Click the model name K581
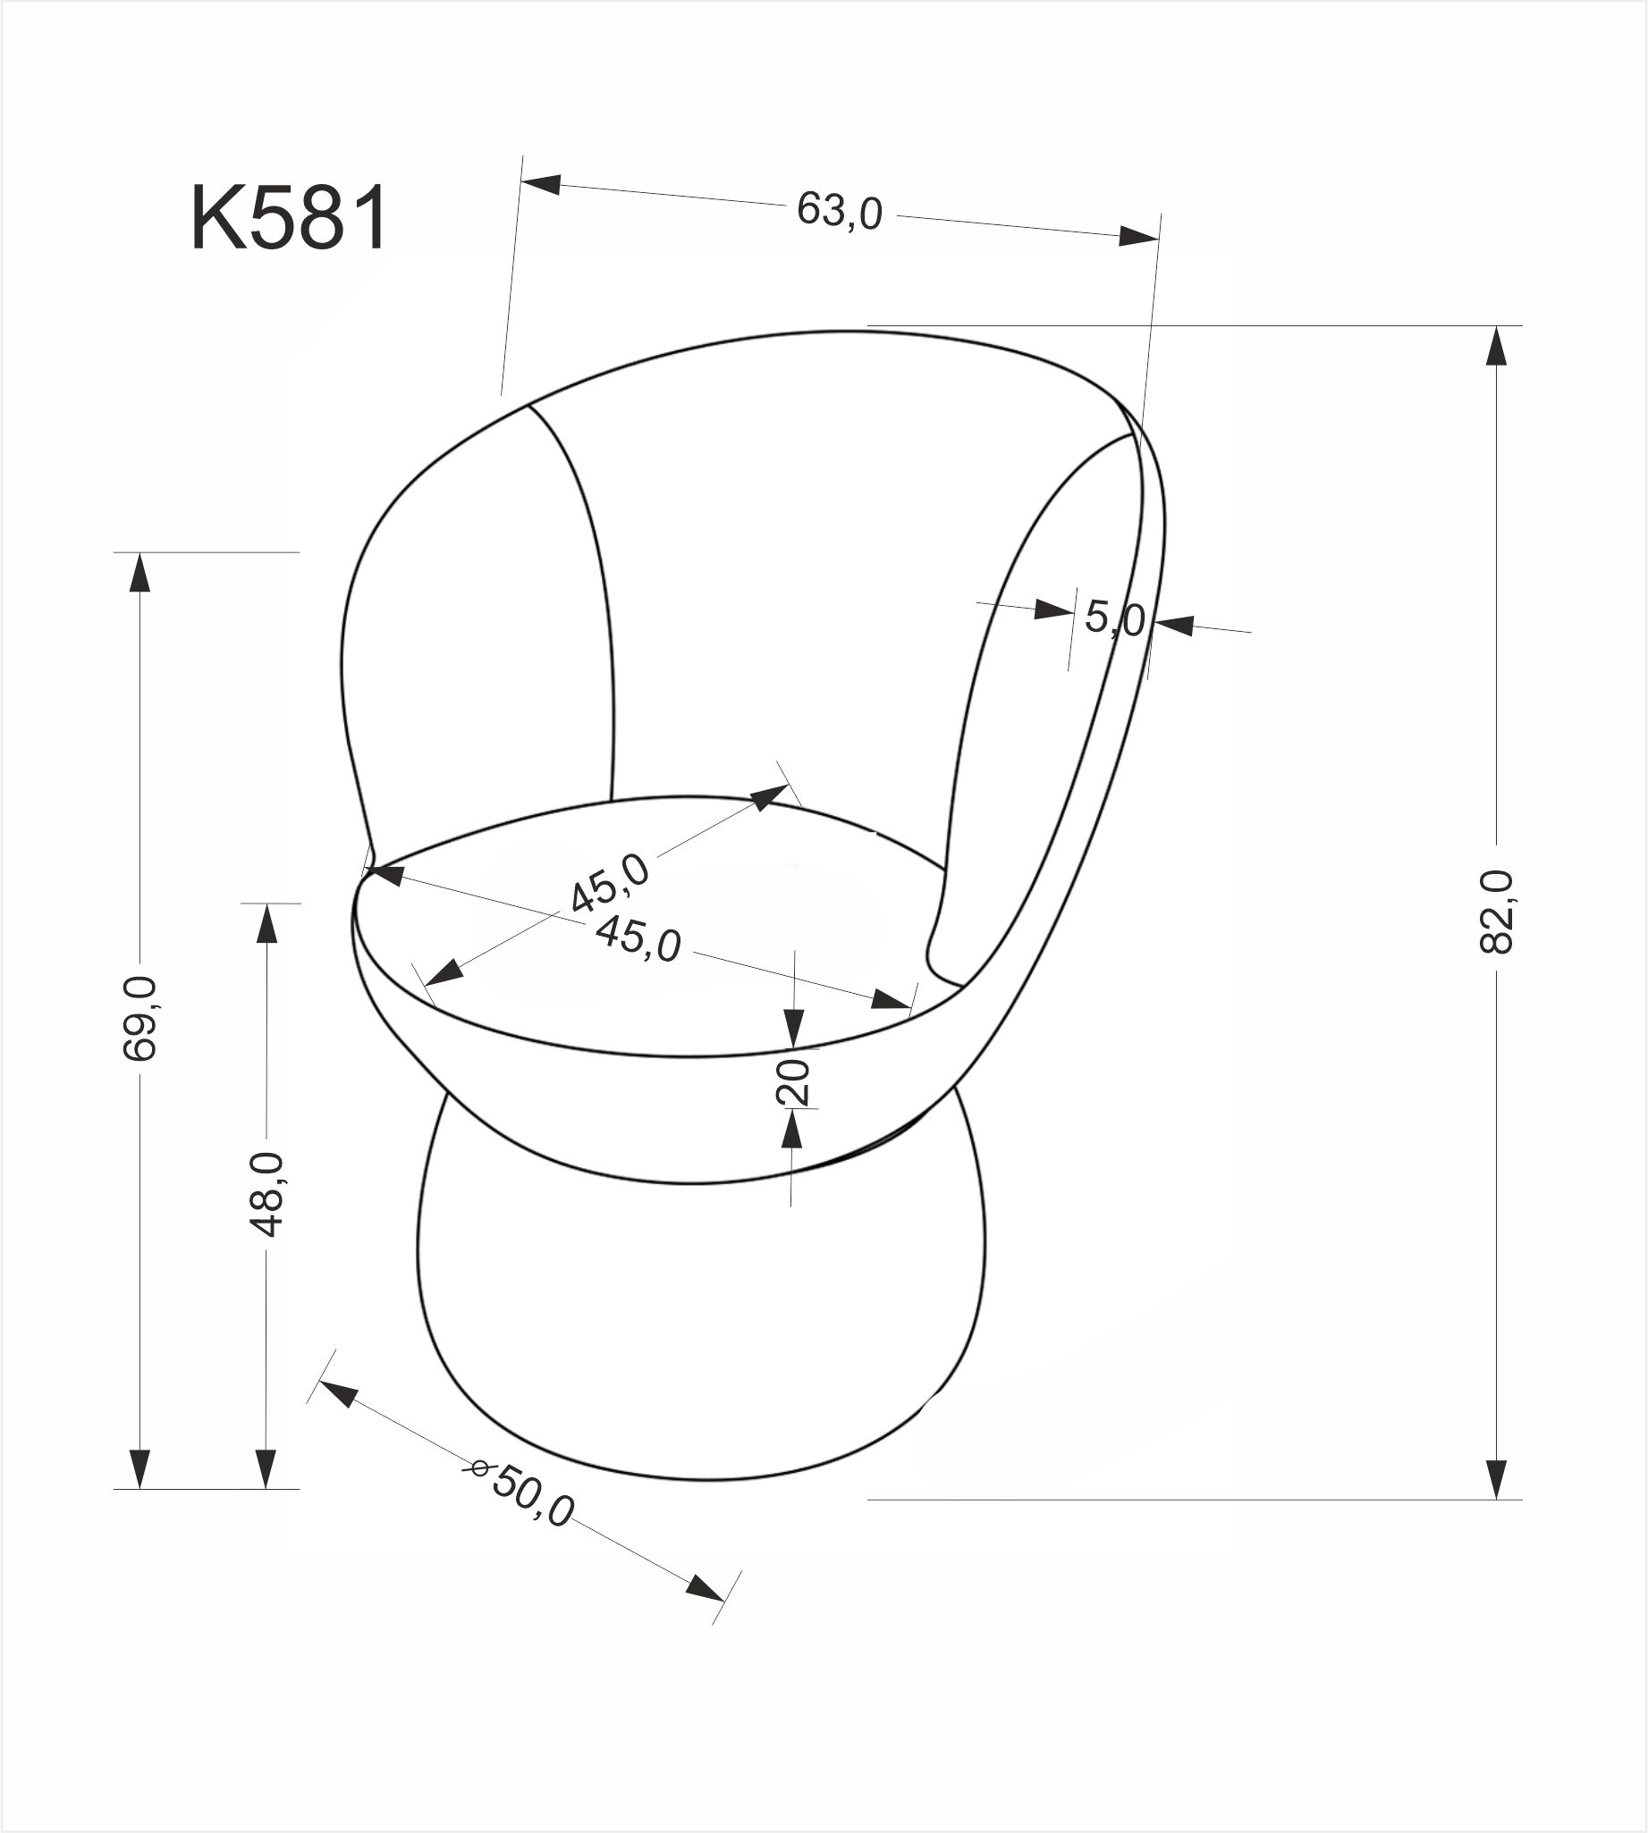click(290, 219)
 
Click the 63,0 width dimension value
click(840, 212)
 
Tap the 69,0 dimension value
click(140, 1018)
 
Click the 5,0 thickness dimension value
click(1115, 619)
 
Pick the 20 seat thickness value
click(793, 1080)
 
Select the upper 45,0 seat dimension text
click(611, 883)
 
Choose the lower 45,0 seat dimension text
click(638, 938)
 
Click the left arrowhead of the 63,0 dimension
click(541, 184)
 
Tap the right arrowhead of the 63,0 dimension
click(1139, 237)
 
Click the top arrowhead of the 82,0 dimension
click(1496, 345)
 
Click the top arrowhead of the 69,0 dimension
click(139, 572)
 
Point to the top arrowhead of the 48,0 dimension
click(266, 923)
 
